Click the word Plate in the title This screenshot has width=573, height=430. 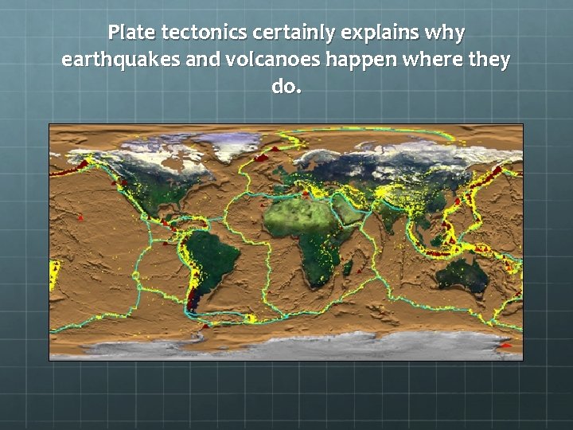pos(132,33)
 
